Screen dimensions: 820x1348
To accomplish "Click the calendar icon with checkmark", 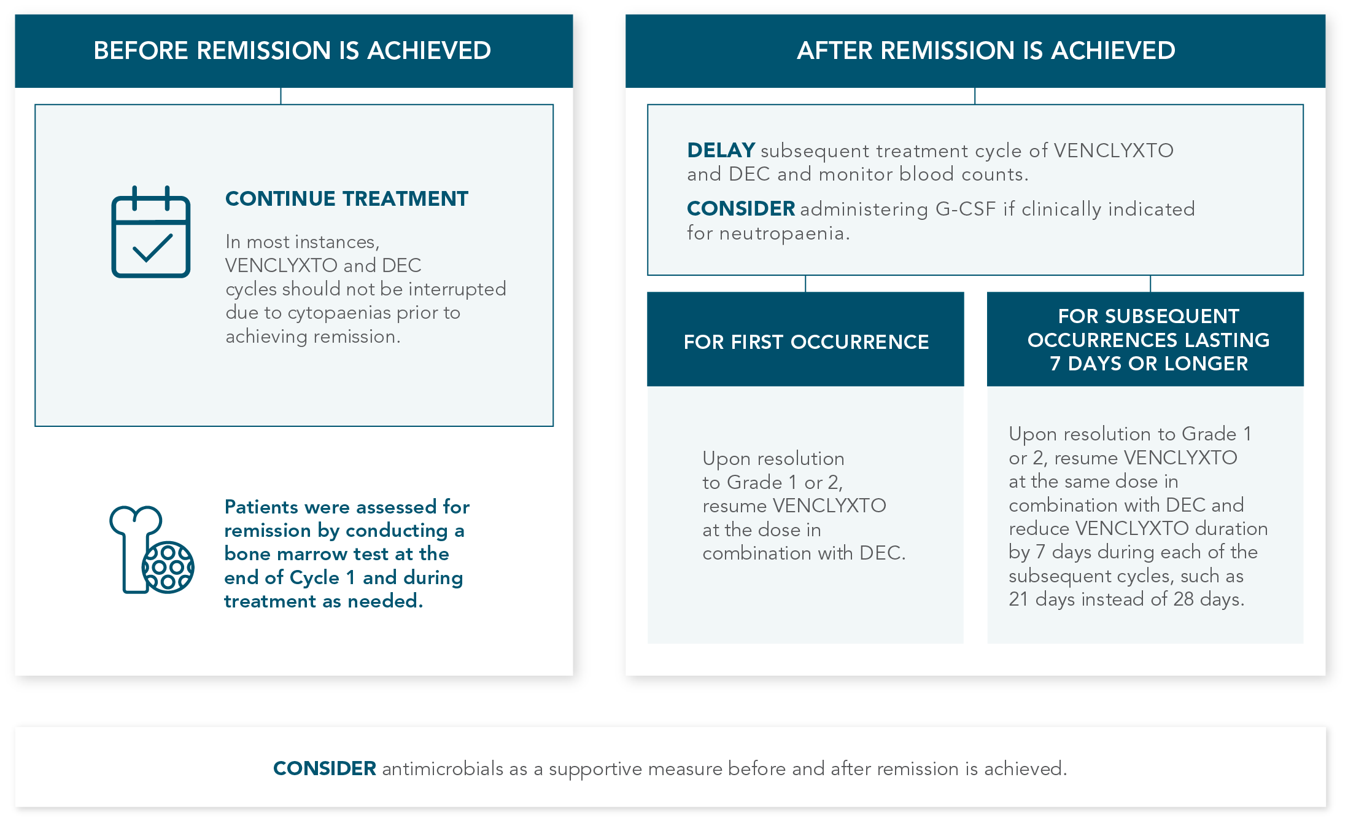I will pyautogui.click(x=150, y=232).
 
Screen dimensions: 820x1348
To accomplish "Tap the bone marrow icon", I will pyautogui.click(x=151, y=550).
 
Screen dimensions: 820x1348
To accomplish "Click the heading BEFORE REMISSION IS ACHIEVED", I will pyautogui.click(x=292, y=50).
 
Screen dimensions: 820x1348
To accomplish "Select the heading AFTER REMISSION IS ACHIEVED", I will pyautogui.click(x=986, y=50).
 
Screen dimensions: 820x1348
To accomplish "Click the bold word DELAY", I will pyautogui.click(x=721, y=150).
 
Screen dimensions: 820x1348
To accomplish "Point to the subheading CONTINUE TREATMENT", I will pyautogui.click(x=346, y=199).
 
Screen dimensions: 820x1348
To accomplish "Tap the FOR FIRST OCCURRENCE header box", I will pyautogui.click(x=805, y=342).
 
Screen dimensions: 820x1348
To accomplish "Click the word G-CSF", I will pyautogui.click(x=965, y=209).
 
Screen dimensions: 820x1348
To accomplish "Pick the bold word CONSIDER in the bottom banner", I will pyautogui.click(x=324, y=769).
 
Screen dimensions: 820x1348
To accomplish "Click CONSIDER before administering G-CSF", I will pyautogui.click(x=740, y=209).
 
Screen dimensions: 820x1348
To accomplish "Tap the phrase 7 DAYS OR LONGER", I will pyautogui.click(x=1149, y=364).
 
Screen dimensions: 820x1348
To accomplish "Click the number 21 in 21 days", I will pyautogui.click(x=1018, y=599).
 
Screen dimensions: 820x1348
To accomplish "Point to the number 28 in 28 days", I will pyautogui.click(x=1183, y=599).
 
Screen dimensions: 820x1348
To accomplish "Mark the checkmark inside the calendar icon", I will pyautogui.click(x=152, y=248).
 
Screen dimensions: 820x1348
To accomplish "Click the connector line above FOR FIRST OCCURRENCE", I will pyautogui.click(x=805, y=284).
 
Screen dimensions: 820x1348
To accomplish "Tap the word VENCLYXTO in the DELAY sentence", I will pyautogui.click(x=1114, y=150).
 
